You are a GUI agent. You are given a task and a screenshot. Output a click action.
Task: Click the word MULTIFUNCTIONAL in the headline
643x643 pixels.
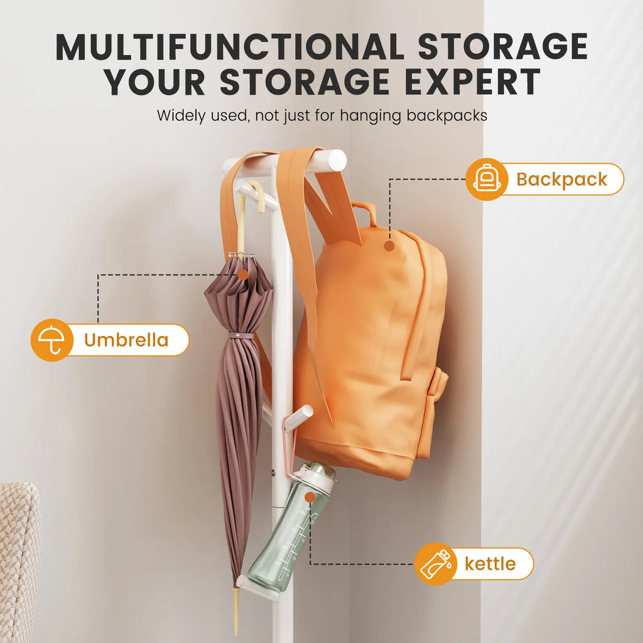coord(230,46)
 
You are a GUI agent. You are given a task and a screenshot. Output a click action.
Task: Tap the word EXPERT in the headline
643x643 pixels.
coord(472,82)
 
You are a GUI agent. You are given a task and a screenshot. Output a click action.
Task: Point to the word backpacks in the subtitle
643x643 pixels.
coord(446,116)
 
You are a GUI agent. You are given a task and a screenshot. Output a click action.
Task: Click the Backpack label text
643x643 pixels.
coord(561,180)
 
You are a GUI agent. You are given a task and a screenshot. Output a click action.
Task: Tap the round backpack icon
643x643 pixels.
coord(487,179)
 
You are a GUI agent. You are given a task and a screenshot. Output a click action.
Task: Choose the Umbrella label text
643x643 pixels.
coord(126,340)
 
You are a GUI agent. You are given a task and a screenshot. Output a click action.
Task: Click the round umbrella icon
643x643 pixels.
coord(52,340)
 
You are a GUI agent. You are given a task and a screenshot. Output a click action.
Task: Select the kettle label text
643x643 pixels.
coord(490,564)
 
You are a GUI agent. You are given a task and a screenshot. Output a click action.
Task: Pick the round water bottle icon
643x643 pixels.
coord(436,563)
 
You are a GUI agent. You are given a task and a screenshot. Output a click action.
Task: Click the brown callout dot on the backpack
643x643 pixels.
coord(389,246)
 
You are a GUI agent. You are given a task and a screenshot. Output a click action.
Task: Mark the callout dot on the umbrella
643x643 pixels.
coord(243,275)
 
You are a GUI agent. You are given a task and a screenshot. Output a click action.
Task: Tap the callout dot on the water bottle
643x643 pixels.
coord(310,497)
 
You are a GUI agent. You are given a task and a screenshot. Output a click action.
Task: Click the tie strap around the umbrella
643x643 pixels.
coord(242,335)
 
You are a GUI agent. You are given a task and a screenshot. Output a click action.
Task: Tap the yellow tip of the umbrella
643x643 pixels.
coord(236,611)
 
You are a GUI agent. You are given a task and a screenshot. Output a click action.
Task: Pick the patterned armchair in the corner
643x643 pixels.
coord(19,562)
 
